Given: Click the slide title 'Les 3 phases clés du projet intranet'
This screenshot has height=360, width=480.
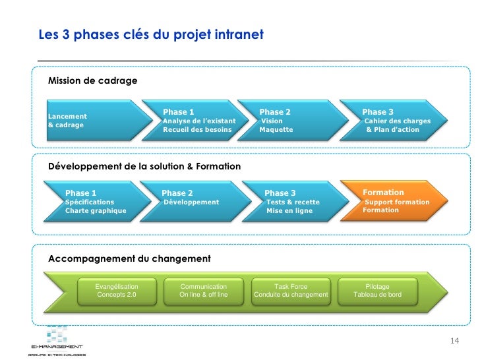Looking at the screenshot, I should (150, 34).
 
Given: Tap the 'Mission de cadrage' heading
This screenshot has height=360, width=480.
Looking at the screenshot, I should (92, 81).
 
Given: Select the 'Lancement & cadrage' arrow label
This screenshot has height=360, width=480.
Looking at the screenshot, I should (67, 121).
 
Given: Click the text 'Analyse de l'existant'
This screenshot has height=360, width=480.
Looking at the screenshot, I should (198, 121).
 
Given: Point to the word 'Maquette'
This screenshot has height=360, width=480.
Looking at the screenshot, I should (276, 130).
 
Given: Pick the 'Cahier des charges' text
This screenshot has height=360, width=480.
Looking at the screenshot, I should (397, 121).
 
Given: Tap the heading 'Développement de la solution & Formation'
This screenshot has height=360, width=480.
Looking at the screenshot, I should (144, 167).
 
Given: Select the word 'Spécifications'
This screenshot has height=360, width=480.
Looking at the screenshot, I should (90, 202).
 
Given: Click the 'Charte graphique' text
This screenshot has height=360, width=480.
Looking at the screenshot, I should (96, 211).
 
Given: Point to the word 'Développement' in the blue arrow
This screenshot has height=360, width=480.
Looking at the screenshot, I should (191, 202).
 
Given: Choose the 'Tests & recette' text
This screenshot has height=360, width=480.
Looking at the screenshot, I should (293, 202).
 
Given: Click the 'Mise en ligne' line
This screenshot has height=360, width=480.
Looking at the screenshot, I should (289, 211).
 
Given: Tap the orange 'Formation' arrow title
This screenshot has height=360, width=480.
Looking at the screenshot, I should (383, 193).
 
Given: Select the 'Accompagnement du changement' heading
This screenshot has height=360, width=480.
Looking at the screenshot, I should (129, 259).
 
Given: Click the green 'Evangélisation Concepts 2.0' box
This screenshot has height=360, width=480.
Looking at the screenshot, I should (117, 291).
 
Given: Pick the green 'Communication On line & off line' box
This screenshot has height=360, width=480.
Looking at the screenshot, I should (204, 291).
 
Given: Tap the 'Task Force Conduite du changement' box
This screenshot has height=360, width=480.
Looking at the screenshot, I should (291, 291).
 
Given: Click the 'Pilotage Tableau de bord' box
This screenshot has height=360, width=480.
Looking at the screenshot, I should (377, 291).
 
